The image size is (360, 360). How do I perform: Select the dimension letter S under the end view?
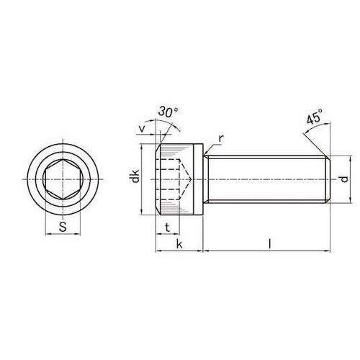(x=63, y=228)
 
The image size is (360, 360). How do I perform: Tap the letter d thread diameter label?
(x=344, y=178)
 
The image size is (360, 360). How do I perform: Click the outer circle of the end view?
(x=63, y=144)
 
